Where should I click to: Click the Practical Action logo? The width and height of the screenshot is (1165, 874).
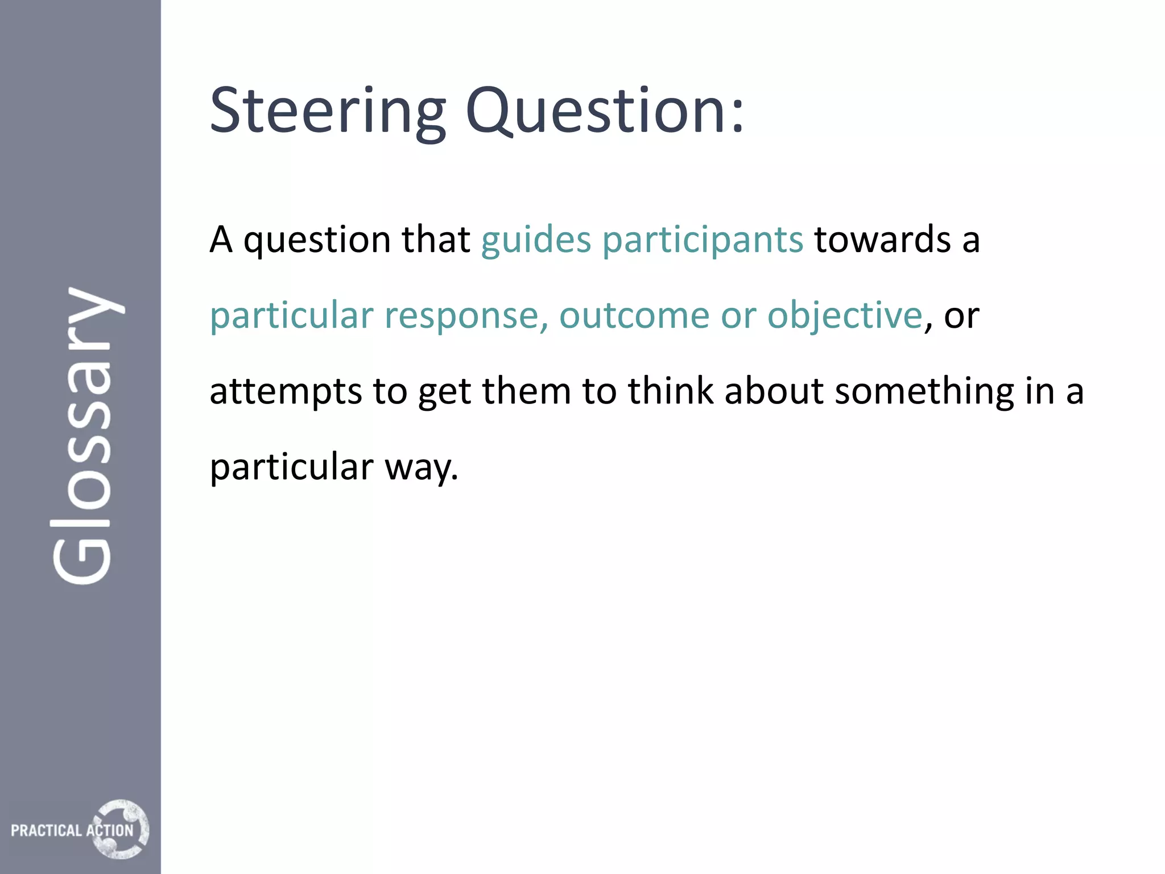point(80,829)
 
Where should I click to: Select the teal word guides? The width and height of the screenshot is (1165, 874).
point(536,240)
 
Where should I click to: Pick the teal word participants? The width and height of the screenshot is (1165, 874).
point(703,240)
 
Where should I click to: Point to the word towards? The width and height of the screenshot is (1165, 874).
point(882,240)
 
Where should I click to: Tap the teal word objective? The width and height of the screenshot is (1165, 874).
point(845,315)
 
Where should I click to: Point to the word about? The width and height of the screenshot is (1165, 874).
point(774,391)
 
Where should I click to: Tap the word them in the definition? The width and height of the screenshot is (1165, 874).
point(526,391)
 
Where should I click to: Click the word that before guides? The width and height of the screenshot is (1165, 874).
point(436,240)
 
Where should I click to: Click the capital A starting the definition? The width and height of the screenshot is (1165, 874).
point(221,240)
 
